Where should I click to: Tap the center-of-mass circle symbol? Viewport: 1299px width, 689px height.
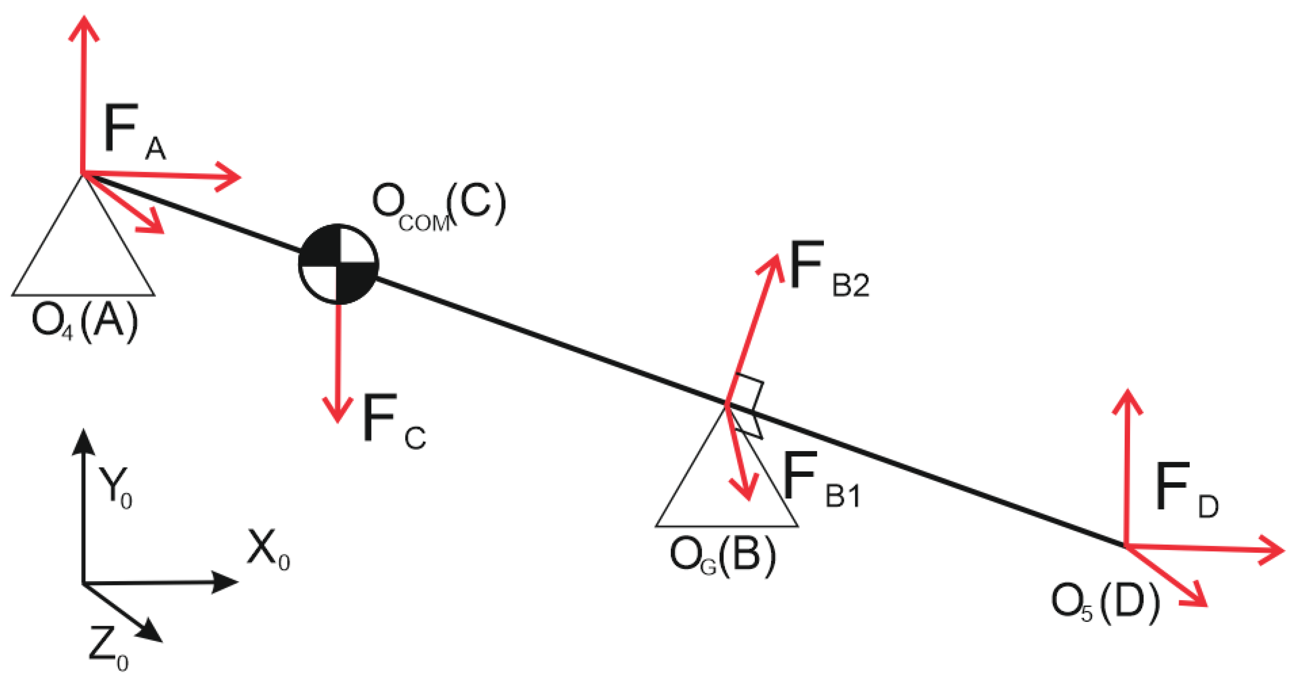point(338,264)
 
